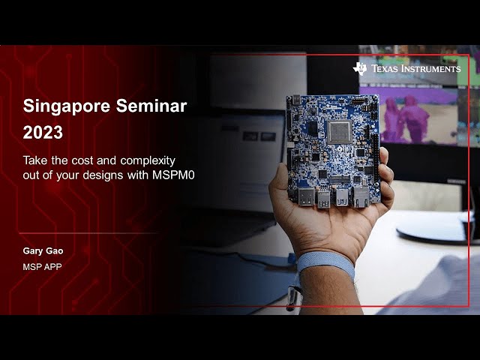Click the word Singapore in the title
[67, 106]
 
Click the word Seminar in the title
[151, 106]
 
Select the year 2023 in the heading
[43, 133]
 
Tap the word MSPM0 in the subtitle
[173, 175]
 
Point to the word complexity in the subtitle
[148, 161]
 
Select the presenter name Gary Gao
[43, 251]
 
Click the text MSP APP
[42, 267]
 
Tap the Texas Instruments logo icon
[360, 68]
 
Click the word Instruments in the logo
[430, 68]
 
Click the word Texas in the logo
[385, 68]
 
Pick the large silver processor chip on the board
[340, 132]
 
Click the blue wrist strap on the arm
[325, 262]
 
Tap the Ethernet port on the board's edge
[361, 196]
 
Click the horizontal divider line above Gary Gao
[88, 233]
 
